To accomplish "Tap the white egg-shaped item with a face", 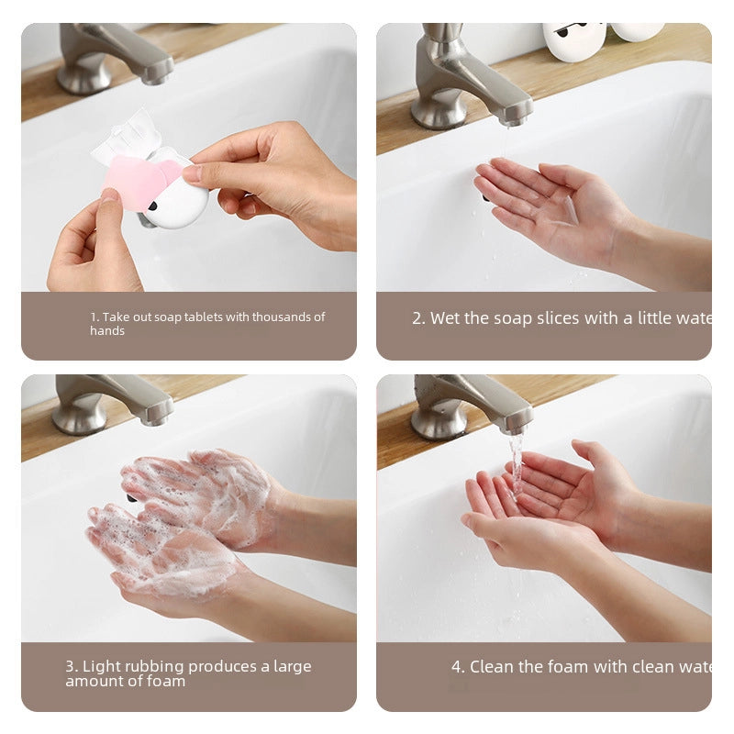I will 573,41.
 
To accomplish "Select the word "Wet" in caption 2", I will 445,318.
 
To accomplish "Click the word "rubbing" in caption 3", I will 157,666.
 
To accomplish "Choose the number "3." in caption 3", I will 71,666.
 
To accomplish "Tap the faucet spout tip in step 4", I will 517,424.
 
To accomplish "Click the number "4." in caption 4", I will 458,667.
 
